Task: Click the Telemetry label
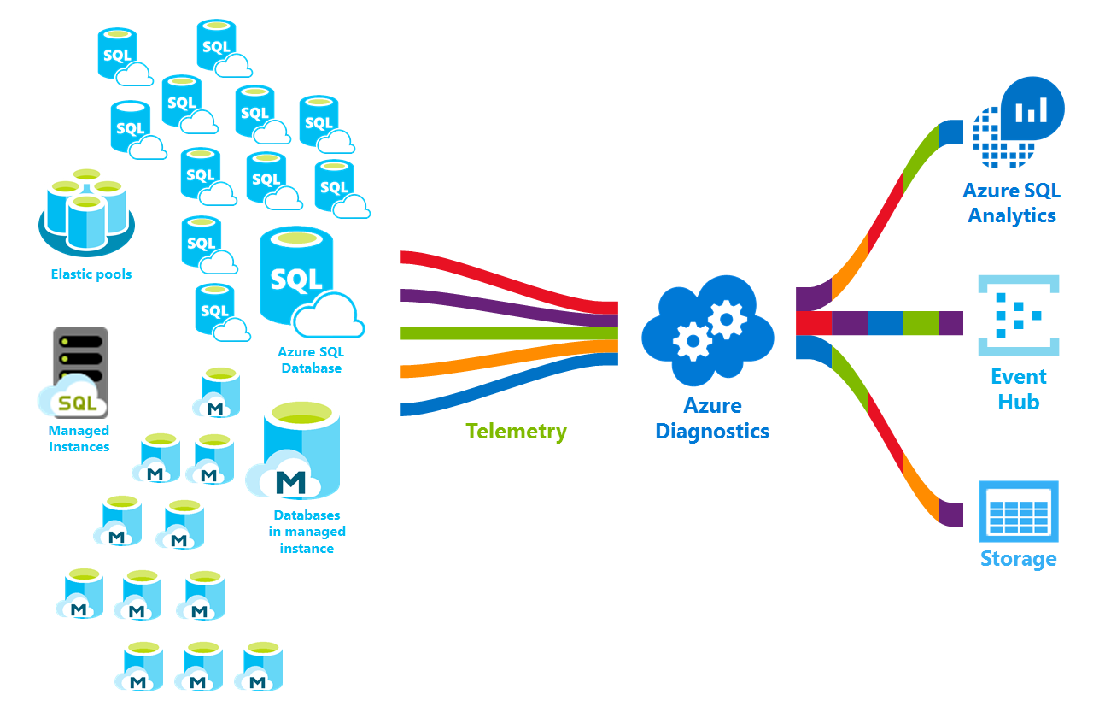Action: (516, 431)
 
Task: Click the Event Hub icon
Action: (1018, 315)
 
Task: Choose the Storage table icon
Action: (1018, 511)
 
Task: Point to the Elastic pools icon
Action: (86, 214)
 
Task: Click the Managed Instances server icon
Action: (76, 371)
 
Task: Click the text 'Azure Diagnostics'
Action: (711, 418)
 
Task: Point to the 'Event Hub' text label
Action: (1018, 389)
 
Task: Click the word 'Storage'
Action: (1018, 559)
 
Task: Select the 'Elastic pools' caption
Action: (91, 274)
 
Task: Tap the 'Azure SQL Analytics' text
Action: (1011, 203)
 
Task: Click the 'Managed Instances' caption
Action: (79, 438)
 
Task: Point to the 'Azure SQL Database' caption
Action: (310, 360)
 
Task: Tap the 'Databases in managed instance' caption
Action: (307, 532)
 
